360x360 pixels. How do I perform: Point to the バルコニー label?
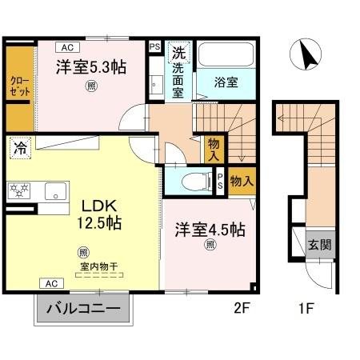(x=82, y=308)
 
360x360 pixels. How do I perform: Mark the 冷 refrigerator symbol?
(x=19, y=149)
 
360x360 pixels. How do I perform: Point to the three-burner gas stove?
(x=18, y=190)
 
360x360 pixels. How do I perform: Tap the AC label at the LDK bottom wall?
(x=50, y=283)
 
